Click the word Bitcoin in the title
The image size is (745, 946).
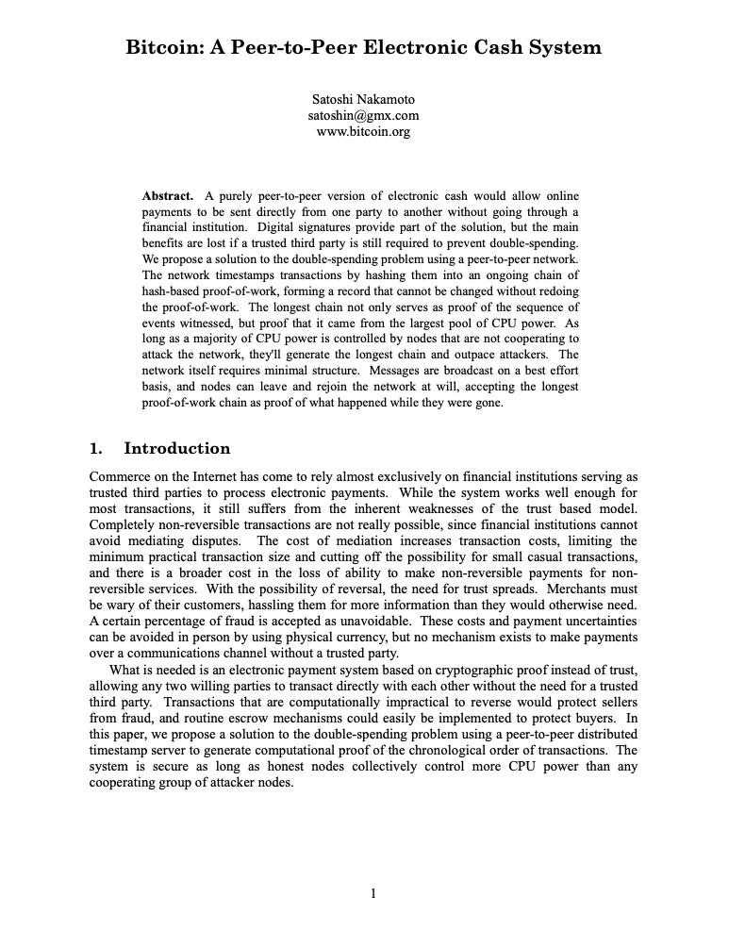(x=163, y=47)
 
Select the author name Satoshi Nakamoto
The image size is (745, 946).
(x=363, y=99)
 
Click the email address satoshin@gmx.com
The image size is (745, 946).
(x=363, y=115)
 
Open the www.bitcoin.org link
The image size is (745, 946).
(x=363, y=131)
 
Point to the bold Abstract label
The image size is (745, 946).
(x=168, y=196)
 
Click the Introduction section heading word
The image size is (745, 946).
(x=177, y=448)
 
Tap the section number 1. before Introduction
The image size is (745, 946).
(x=95, y=448)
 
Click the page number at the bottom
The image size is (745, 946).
(x=373, y=893)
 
